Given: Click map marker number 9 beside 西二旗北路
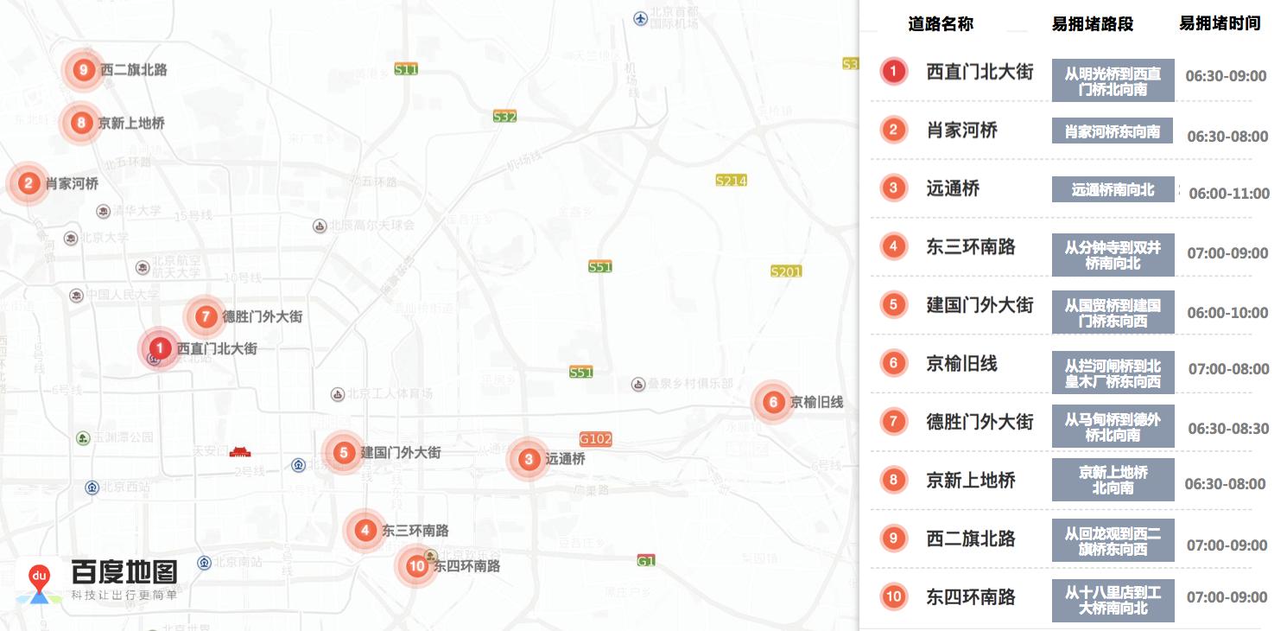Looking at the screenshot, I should (83, 70).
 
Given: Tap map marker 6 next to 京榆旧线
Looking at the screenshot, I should (773, 402).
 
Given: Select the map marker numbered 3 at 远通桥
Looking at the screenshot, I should (529, 459).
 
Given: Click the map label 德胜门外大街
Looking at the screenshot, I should (263, 317).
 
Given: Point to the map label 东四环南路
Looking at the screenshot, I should (467, 566).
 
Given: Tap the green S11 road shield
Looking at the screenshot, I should (406, 69).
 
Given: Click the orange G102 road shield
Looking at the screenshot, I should (596, 439).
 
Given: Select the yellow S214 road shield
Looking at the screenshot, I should (731, 181).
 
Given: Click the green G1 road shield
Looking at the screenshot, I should (646, 561).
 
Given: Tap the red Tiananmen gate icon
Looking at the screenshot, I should (240, 451).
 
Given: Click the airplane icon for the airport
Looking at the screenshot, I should (640, 17).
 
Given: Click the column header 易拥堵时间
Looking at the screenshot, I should (1220, 23).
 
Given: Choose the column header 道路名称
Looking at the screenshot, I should (941, 24).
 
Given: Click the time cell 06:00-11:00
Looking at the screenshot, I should (1229, 194).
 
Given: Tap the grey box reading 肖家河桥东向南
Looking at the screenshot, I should (1113, 131).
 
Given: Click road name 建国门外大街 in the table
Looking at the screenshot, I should (980, 305).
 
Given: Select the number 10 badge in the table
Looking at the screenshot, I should (893, 596).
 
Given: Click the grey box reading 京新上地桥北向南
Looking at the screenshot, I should (1113, 480).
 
